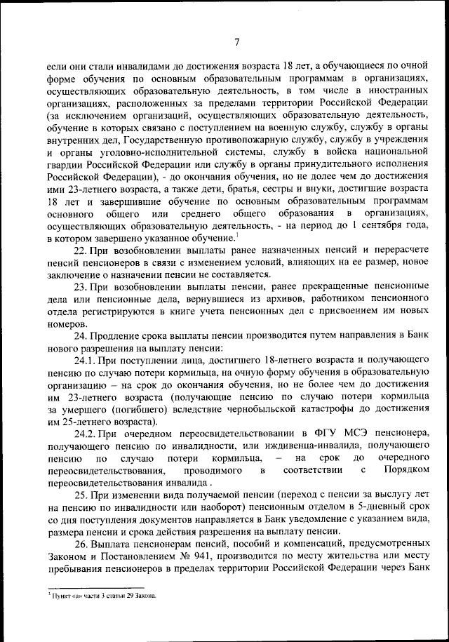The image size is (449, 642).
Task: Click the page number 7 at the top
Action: (237, 41)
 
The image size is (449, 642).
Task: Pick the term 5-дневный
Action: (359, 506)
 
